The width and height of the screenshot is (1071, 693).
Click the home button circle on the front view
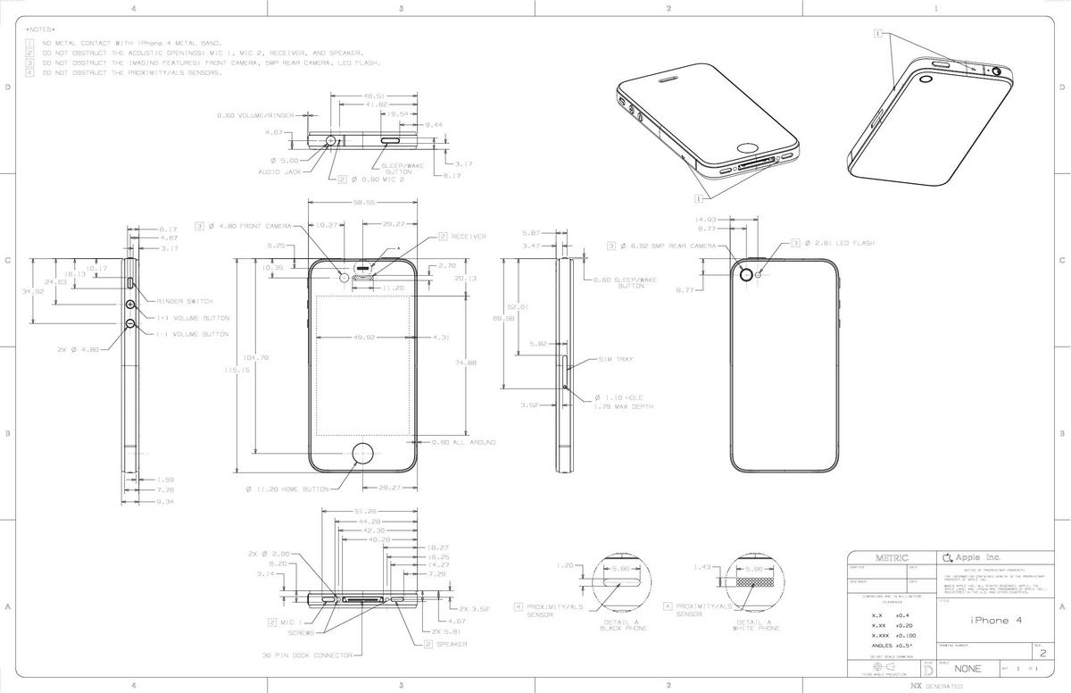[363, 453]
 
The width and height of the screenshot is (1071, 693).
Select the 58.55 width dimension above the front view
[362, 203]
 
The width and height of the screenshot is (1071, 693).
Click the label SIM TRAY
[617, 360]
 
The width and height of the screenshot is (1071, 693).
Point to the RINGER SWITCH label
[185, 302]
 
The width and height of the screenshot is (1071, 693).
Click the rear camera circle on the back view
[743, 274]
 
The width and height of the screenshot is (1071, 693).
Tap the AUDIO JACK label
[279, 171]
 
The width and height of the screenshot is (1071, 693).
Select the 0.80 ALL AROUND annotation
[463, 443]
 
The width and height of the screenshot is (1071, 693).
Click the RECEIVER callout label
[468, 237]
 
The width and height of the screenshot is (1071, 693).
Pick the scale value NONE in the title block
[967, 669]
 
